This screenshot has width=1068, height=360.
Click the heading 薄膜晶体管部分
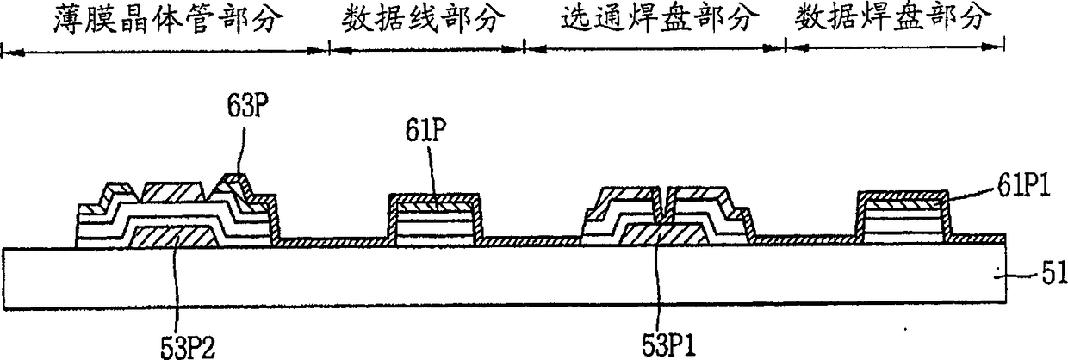click(164, 19)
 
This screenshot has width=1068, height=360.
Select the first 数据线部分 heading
click(425, 19)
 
